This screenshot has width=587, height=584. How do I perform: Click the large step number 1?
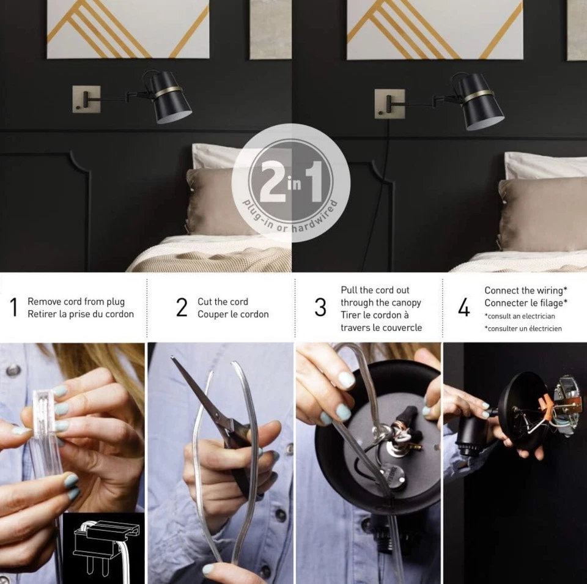click(14, 307)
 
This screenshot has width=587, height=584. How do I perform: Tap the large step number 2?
click(182, 307)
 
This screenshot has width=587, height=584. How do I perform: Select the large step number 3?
click(320, 307)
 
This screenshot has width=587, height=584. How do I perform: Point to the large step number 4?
click(464, 308)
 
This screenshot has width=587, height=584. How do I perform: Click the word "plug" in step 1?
click(116, 302)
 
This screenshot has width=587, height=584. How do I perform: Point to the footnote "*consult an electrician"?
click(520, 316)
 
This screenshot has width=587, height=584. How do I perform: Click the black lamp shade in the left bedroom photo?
click(171, 98)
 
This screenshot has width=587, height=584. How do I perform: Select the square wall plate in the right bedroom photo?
click(389, 104)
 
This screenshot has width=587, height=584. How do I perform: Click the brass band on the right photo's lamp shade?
click(478, 95)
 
